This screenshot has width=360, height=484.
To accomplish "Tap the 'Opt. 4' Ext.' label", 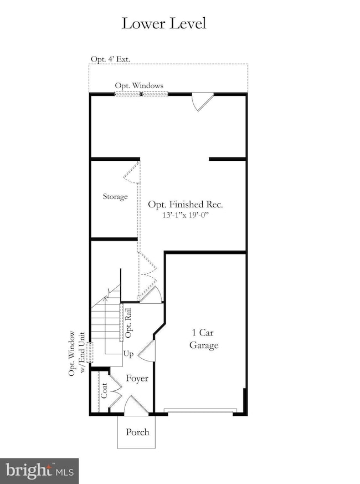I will tap(111, 59).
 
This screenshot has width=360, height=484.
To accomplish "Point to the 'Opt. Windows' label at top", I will tap(139, 85).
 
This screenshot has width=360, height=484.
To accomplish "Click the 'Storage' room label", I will tap(115, 197).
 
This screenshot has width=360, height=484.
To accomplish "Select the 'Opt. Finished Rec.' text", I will tap(185, 205).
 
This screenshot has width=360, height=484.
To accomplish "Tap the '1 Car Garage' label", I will tap(205, 339).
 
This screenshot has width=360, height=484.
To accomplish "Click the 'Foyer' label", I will tap(136, 379).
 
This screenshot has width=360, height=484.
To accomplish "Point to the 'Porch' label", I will tap(137, 432).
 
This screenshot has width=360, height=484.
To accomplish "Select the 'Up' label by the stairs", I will tap(128, 353).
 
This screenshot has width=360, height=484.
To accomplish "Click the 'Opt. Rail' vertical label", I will tap(128, 323).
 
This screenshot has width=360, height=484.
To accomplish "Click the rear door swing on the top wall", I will tap(200, 101).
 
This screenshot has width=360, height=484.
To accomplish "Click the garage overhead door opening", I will tap(200, 411).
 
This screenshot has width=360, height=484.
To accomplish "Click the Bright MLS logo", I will tap(39, 471).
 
